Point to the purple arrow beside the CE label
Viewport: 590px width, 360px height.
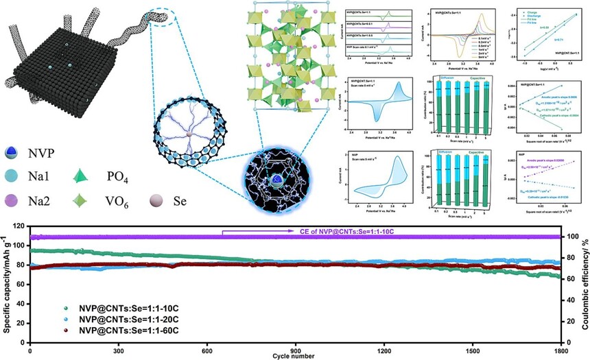pyautogui.click(x=261, y=232)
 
